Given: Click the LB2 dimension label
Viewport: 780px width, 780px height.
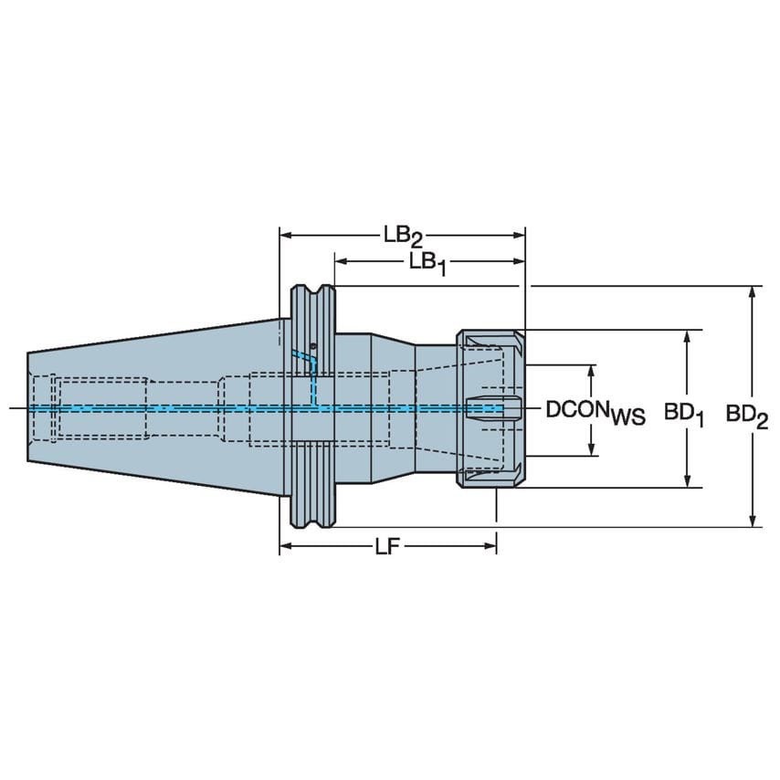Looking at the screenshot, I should (403, 237).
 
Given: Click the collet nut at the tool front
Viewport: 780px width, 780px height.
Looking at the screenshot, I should (490, 408).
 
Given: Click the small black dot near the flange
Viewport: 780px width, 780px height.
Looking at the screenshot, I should (312, 346).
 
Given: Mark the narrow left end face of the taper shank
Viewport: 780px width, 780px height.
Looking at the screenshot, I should (28, 407).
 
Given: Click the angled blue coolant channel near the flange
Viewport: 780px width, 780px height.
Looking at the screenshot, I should (300, 355).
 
